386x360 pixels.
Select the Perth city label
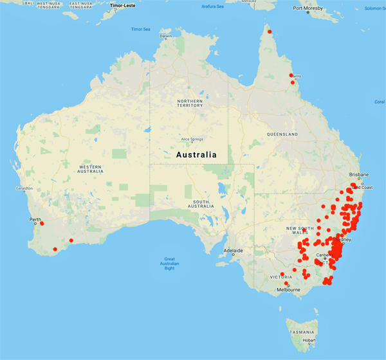pos(35,219)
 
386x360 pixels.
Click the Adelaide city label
pos(233,250)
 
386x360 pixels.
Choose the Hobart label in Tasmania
pos(308,339)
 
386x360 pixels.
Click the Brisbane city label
pos(359,175)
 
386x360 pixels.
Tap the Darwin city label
pos(167,36)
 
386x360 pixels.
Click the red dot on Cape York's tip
pos(270,32)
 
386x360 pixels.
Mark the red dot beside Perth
pos(42,224)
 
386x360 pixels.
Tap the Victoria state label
pos(282,277)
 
